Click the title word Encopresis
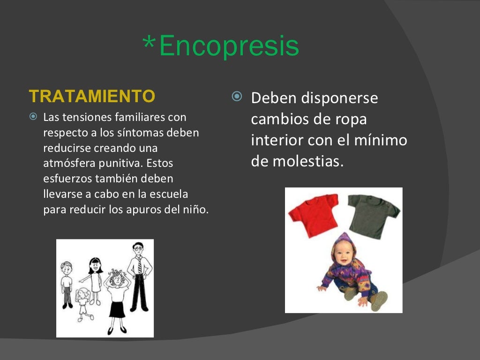(x=229, y=46)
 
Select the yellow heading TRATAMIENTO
(x=92, y=96)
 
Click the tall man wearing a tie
(x=139, y=277)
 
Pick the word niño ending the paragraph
(x=197, y=210)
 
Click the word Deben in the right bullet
(x=274, y=98)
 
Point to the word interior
(x=277, y=140)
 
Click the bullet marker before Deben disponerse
(x=237, y=97)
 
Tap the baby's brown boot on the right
(x=379, y=300)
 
